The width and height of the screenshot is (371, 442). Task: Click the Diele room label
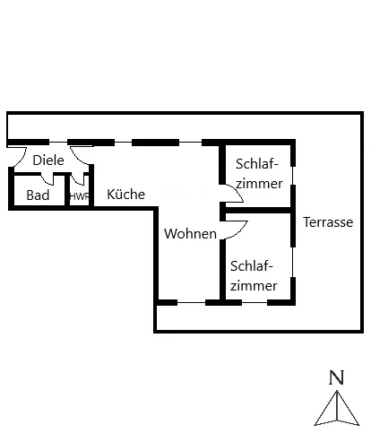[48, 160]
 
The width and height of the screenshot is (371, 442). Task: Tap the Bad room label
[38, 195]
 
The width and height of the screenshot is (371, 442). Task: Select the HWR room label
[80, 196]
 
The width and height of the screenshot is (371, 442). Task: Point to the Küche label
[125, 194]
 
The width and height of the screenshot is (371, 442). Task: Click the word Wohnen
[190, 233]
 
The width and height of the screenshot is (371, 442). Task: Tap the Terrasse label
[328, 222]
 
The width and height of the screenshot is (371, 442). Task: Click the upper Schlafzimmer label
[259, 174]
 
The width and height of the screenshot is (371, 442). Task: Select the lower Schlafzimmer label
[254, 276]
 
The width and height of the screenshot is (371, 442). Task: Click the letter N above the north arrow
[337, 377]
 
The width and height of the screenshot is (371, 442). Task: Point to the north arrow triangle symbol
[337, 408]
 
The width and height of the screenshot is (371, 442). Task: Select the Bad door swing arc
[46, 180]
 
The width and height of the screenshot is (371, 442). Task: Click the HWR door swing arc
[77, 180]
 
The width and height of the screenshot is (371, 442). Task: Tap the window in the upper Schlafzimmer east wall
[293, 176]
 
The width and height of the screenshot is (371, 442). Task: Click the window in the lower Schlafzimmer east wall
[293, 262]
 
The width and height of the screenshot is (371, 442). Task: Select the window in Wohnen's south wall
[191, 302]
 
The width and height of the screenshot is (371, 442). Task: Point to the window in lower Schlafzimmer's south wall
[255, 302]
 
